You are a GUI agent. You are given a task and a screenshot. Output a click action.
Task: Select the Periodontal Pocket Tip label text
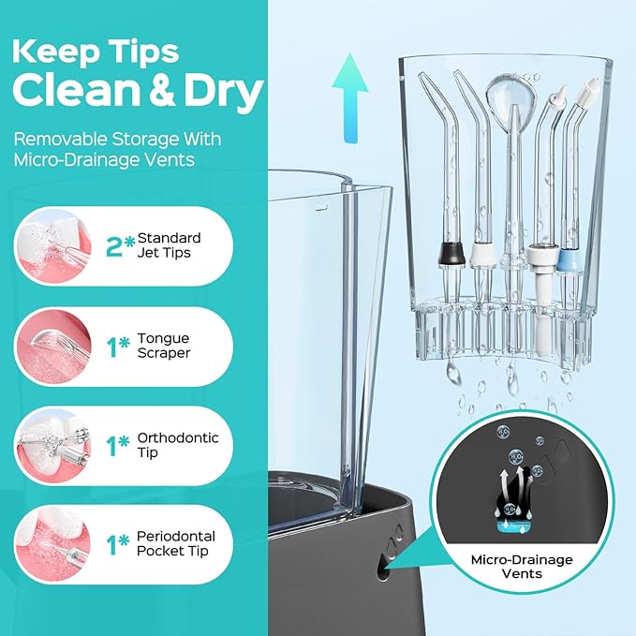(x=176, y=543)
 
